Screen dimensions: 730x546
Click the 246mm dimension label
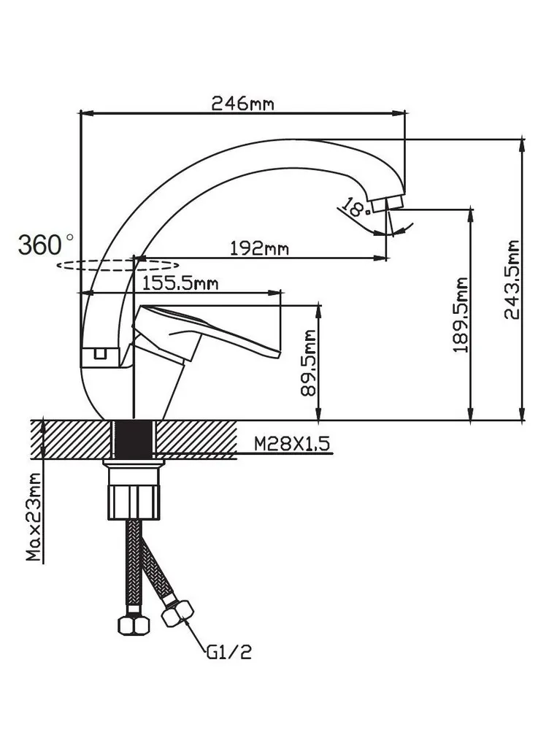[x=242, y=103]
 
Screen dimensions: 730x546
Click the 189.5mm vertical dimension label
[x=460, y=315]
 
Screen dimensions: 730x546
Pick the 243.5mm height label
[x=513, y=280]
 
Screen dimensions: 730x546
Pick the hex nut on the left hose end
[x=130, y=625]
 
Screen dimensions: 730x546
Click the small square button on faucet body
[x=97, y=355]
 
